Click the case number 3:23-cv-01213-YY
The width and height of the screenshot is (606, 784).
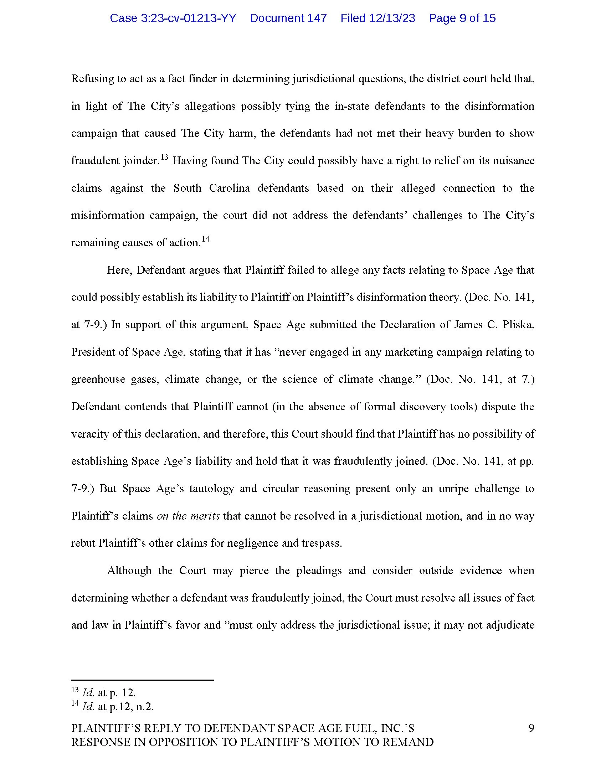click(x=173, y=18)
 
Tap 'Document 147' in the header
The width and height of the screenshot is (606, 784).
click(x=288, y=18)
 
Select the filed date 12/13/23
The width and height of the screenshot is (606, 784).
click(x=378, y=18)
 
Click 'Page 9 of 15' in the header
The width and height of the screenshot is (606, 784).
click(x=462, y=18)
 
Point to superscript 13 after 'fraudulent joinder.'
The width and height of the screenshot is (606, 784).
click(x=164, y=157)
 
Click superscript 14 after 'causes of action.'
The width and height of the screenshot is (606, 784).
click(x=205, y=239)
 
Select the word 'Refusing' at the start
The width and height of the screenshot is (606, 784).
click(x=91, y=79)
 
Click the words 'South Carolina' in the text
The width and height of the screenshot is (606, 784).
click(x=211, y=188)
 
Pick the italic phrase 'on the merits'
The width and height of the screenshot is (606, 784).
click(x=188, y=516)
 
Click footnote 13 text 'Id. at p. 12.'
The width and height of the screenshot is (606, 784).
click(x=108, y=692)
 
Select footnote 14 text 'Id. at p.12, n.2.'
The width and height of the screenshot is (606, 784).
click(x=117, y=706)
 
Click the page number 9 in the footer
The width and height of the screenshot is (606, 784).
click(x=531, y=728)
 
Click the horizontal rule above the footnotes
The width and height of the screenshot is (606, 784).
click(x=142, y=680)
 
